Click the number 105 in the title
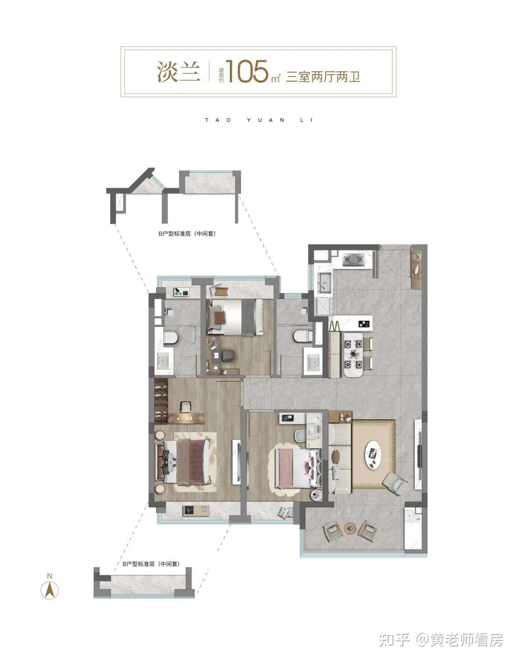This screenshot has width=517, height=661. pos(247,71)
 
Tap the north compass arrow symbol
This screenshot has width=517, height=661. pos(50,591)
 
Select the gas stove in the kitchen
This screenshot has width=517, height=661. pos(353,260)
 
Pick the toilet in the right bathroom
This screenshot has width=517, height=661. pos(302,336)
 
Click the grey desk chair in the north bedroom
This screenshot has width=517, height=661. pos(228,355)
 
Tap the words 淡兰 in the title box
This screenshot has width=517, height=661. pos(179,71)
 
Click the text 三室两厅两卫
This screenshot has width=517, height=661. pos(323,76)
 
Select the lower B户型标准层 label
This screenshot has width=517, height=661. pos(151,564)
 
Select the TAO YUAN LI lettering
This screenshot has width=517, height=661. pos(259,120)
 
